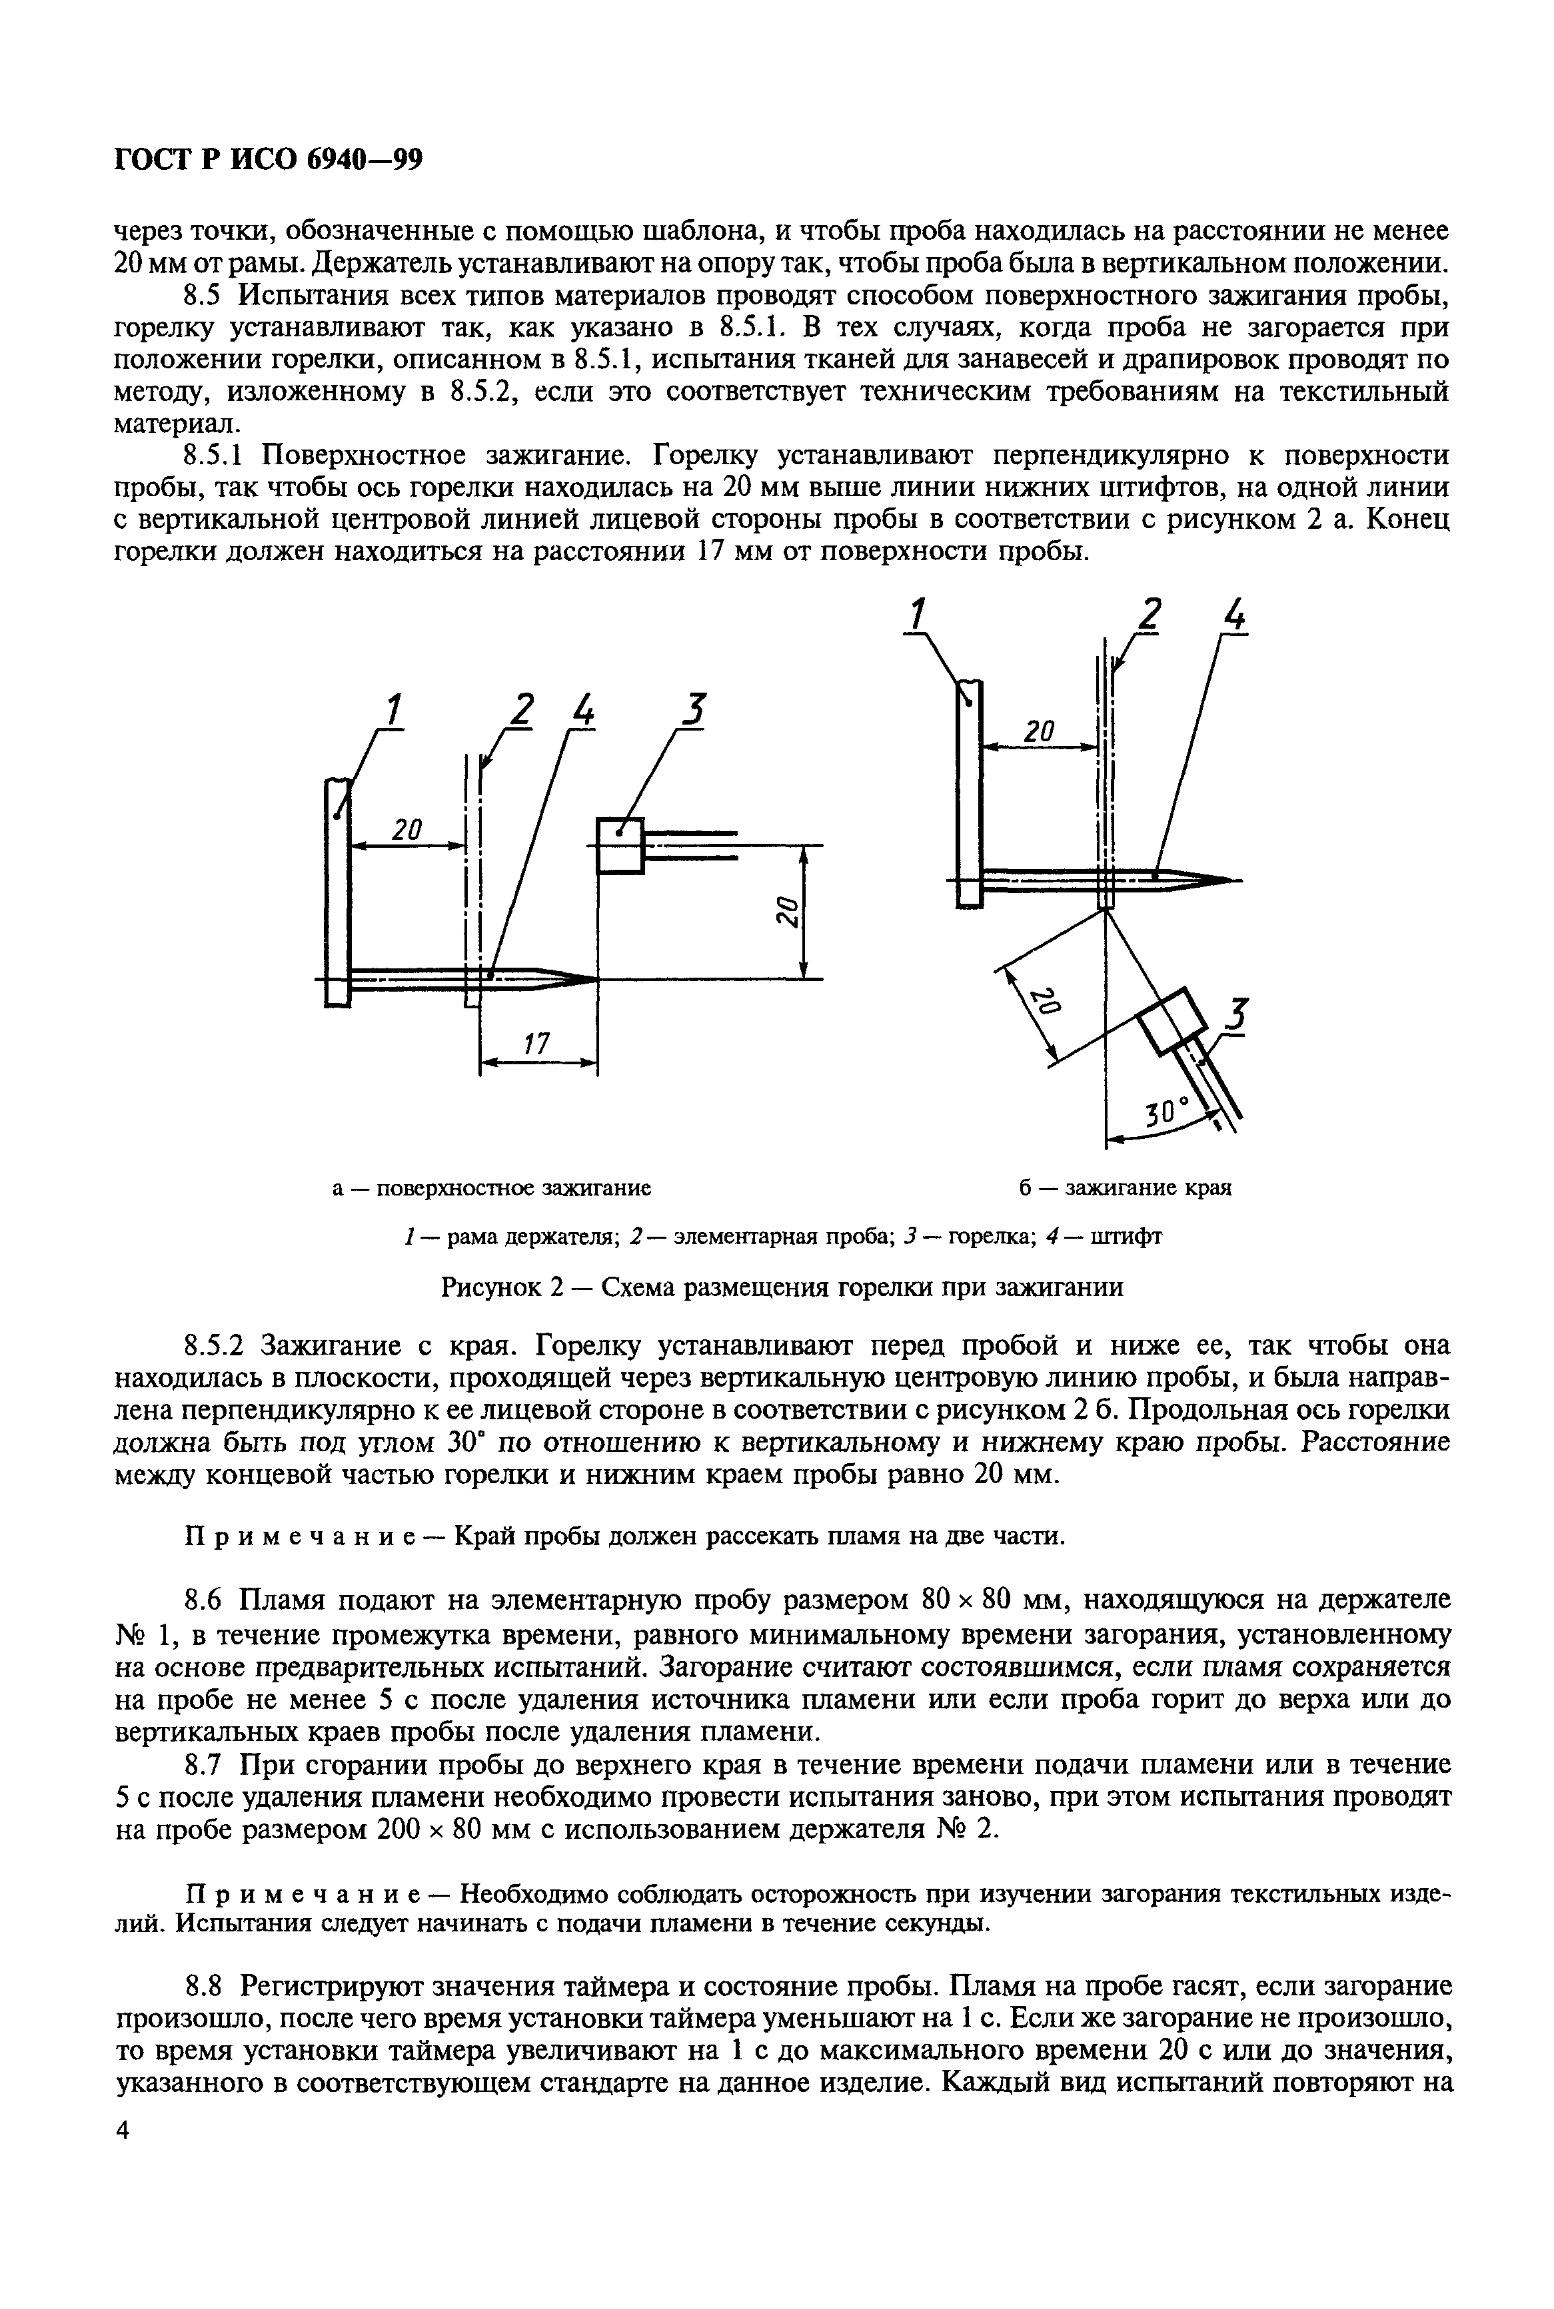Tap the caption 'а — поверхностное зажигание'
click(490, 1187)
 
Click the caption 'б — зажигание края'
click(1124, 1187)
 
